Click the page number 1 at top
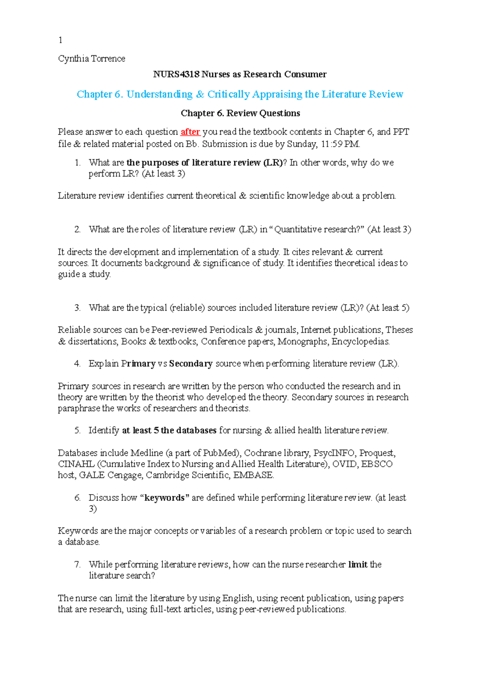point(60,40)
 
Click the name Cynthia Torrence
point(92,59)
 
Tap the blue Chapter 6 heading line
point(240,94)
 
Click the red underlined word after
point(190,132)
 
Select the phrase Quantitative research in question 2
point(316,230)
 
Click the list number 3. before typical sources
point(77,308)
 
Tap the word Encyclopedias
point(360,341)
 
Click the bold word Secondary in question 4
point(191,364)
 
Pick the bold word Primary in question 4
point(138,364)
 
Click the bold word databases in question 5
point(196,431)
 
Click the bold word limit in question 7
point(358,565)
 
